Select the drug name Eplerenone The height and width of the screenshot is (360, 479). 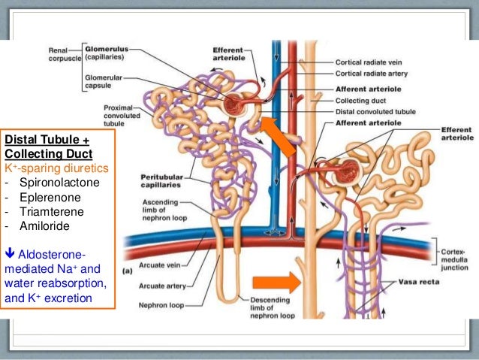point(47,197)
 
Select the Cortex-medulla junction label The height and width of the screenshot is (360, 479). point(457,248)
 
